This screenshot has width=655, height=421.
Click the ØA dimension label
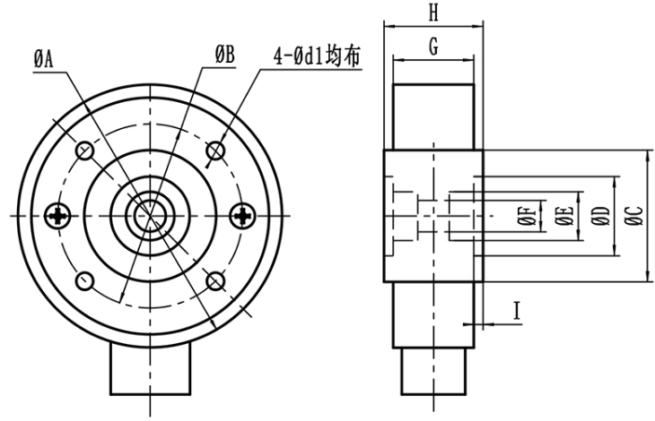point(44,58)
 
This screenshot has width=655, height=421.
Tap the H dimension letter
point(433,13)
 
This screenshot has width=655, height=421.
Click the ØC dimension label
point(633,216)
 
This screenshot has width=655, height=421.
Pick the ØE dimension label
point(563,216)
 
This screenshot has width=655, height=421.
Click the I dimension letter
point(517,311)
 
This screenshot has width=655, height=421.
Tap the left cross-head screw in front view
point(61,215)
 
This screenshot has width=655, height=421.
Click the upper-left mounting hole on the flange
point(85,150)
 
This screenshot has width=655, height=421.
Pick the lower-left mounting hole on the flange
point(85,280)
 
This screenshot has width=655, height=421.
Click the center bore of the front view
point(151,215)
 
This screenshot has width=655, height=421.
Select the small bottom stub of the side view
point(433,373)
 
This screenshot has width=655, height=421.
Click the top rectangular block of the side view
point(433,115)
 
